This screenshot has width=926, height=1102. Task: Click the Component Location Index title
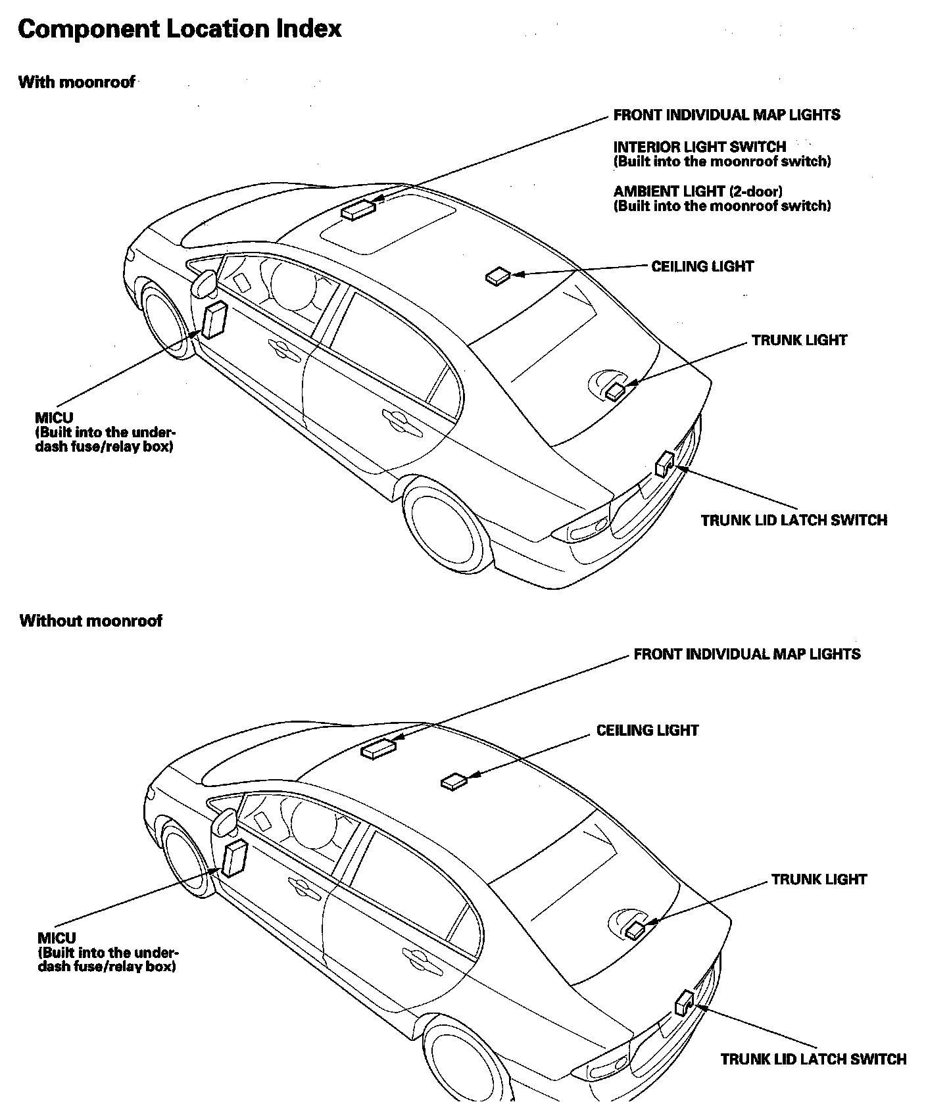coord(180,29)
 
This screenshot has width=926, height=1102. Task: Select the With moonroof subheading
coord(76,82)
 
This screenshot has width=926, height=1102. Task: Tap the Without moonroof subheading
coord(91,621)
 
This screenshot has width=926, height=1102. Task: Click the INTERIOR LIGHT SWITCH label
coord(699,147)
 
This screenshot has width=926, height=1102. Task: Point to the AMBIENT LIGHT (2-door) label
coord(698,191)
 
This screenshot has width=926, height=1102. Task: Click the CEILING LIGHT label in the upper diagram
coord(702,266)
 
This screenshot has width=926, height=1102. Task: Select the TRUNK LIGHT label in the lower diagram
coord(819,879)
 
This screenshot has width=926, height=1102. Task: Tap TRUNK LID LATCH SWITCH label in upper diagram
coord(794,520)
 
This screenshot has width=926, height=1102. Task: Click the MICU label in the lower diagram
coord(57,938)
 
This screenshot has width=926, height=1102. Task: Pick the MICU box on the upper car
coord(214,320)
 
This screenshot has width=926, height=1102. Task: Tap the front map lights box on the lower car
coord(379,748)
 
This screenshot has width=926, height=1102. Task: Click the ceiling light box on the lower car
coord(454,781)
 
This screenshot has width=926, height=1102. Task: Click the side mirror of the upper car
coord(205,283)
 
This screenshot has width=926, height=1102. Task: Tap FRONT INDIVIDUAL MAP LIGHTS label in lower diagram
coord(747,654)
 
